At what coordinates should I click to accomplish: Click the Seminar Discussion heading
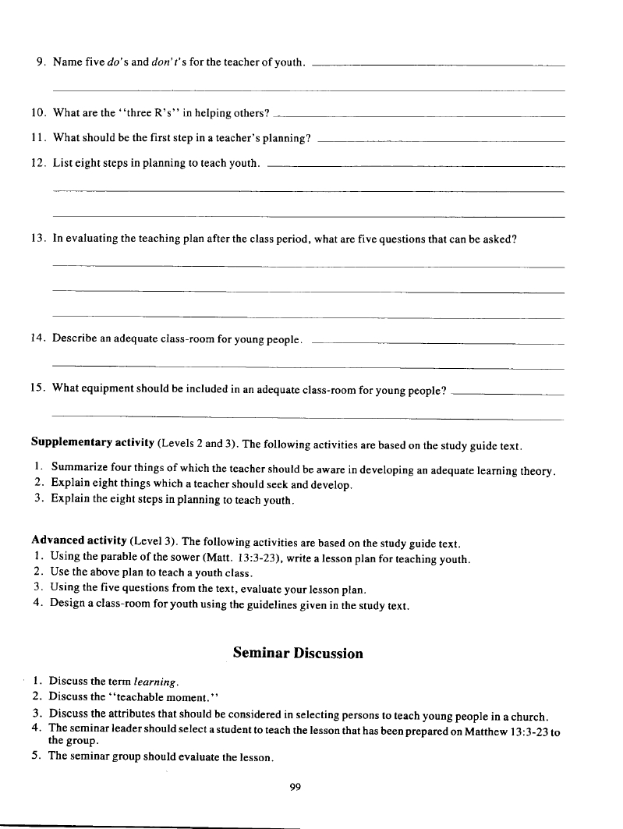298,654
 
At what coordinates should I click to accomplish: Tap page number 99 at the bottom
295,788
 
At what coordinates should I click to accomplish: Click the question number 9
41,62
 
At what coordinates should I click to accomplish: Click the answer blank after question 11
441,141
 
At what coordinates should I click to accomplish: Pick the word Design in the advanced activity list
66,605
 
